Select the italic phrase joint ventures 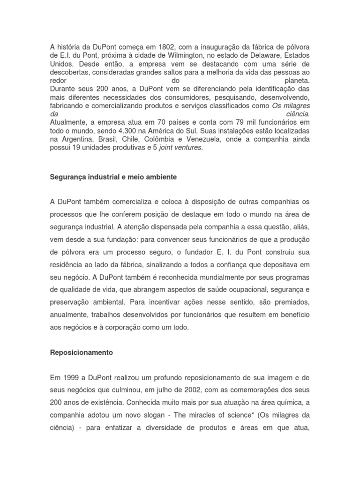click(x=180, y=147)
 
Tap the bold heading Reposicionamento click(x=81, y=352)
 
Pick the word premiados click(x=287, y=302)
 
